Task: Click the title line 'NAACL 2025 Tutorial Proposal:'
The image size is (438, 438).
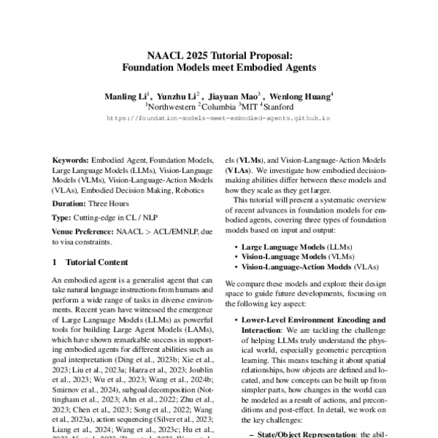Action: click(219, 56)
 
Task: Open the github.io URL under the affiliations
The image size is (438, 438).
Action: click(219, 117)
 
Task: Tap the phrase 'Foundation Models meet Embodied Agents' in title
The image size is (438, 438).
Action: click(219, 69)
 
